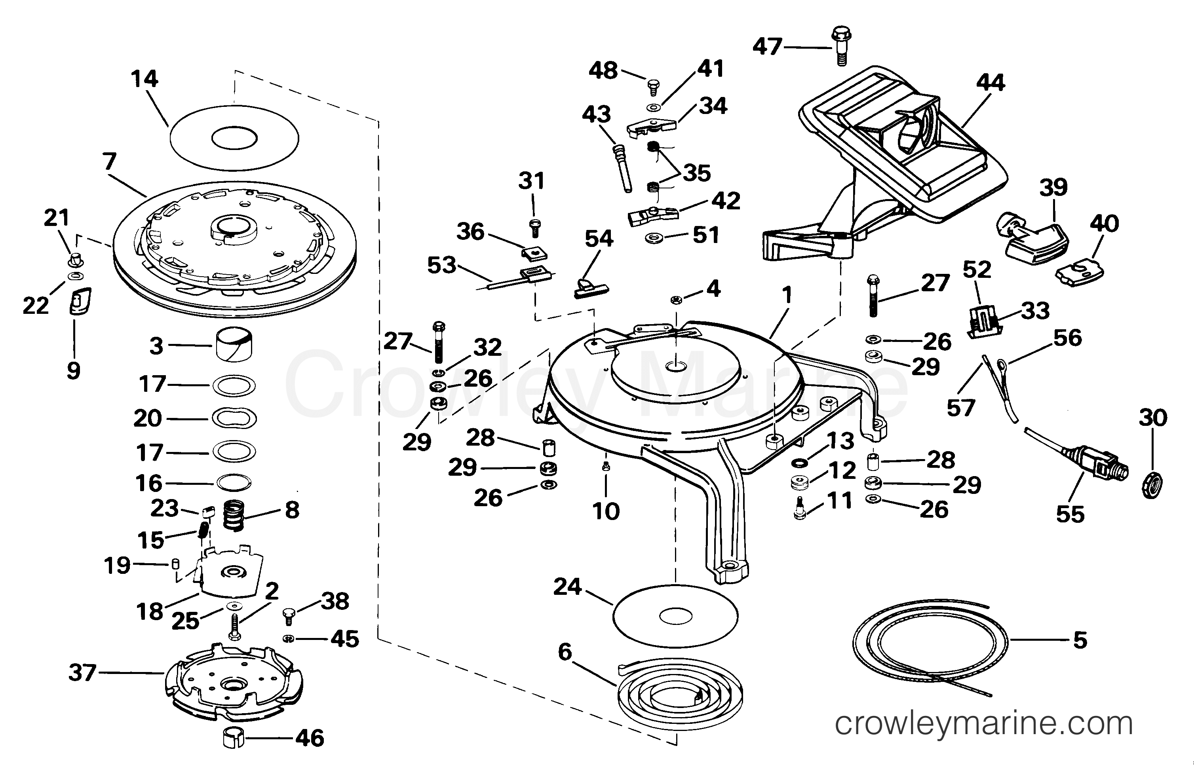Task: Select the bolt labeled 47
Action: pyautogui.click(x=841, y=47)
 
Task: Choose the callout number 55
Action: pyautogui.click(x=1070, y=514)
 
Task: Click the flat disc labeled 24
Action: pyautogui.click(x=676, y=616)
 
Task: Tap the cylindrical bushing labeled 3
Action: pyautogui.click(x=234, y=344)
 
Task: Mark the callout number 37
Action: pyautogui.click(x=82, y=673)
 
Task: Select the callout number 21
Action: pyautogui.click(x=57, y=218)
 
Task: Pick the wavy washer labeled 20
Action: pyautogui.click(x=234, y=418)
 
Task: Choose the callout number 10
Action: pyautogui.click(x=606, y=511)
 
